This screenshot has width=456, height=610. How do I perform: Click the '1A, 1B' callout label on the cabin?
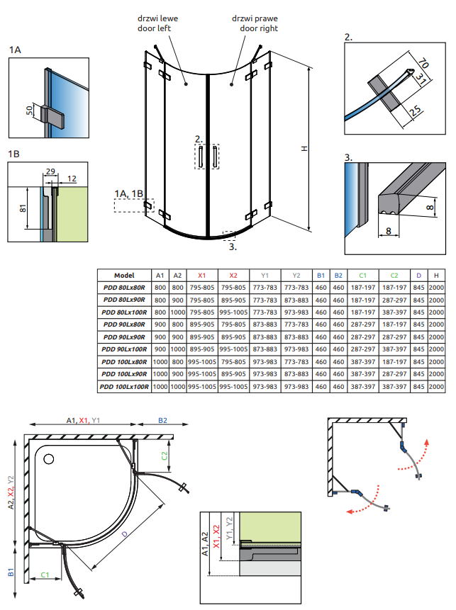coord(128,193)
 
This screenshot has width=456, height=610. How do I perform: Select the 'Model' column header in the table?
coord(124,275)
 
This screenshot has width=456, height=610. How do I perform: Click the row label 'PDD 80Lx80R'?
coord(124,288)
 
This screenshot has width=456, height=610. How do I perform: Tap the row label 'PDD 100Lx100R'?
coord(124,387)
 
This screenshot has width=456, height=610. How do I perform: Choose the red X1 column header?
coord(201,275)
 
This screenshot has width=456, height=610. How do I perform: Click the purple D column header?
coord(419,275)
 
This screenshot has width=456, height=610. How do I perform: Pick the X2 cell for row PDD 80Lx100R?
coord(233,312)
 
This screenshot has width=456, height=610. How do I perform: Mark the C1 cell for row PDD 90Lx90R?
coord(363,337)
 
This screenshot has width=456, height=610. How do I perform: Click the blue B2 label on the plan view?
coord(162,420)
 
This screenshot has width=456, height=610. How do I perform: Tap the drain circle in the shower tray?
coord(49,458)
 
